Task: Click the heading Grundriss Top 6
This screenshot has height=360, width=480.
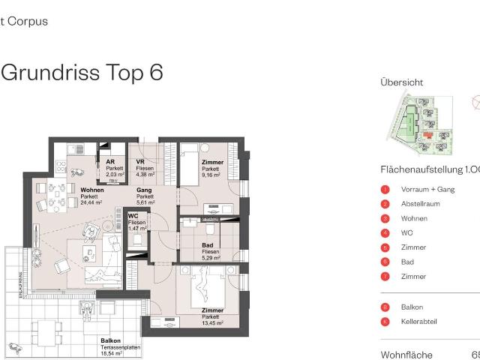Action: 82,73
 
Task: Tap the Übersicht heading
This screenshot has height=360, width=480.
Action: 401,82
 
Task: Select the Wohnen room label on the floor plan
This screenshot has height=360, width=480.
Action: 92,190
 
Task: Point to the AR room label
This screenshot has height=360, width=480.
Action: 110,162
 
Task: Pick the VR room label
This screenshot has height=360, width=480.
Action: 140,162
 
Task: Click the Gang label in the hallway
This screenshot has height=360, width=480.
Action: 144,190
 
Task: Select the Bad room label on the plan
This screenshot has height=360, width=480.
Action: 208,245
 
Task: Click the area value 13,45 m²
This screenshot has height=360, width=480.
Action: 212,323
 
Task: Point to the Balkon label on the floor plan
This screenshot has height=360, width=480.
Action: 110,340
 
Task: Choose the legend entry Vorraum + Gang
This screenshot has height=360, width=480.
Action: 427,190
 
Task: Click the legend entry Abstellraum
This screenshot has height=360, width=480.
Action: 420,204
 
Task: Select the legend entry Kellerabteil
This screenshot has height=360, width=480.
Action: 419,322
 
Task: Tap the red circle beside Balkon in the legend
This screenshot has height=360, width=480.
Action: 385,307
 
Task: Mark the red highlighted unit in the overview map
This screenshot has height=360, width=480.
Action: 427,136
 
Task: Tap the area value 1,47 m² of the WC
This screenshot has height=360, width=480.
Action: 137,229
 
